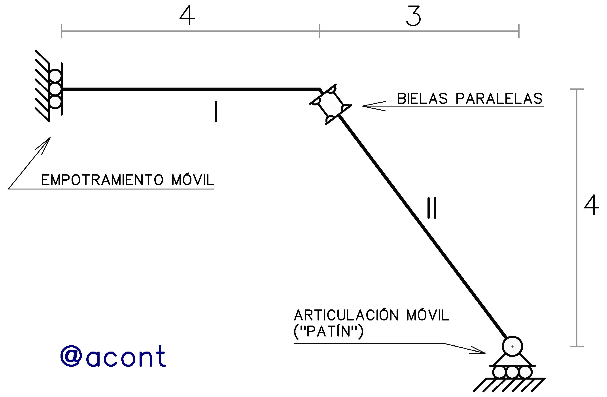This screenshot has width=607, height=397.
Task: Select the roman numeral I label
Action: [216, 111]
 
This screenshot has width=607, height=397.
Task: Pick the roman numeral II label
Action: [432, 208]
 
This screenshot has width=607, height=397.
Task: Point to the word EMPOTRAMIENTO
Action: [102, 180]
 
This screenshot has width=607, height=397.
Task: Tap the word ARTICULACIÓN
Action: [346, 315]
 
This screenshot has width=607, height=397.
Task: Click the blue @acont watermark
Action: [113, 356]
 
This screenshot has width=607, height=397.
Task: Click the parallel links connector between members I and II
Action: [331, 104]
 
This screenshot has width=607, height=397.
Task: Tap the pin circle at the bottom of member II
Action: [512, 346]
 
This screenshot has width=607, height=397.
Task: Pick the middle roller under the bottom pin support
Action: [512, 372]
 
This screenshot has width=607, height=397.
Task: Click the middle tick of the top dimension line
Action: [319, 31]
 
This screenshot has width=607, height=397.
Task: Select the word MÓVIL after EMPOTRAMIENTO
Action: [193, 180]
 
